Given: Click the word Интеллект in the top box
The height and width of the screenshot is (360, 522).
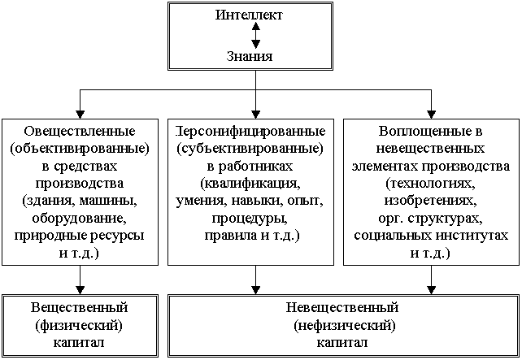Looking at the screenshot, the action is [249, 15].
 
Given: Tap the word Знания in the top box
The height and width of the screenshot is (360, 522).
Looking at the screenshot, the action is [250, 56].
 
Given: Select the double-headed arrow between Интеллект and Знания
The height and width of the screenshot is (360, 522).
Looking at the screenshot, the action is [255, 35].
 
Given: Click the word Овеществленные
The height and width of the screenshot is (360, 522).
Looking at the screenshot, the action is [80, 131].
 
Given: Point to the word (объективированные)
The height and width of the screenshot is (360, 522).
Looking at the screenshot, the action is [80, 149].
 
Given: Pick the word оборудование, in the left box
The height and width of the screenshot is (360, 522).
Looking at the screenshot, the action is [80, 219].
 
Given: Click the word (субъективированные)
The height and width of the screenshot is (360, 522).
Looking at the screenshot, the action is [250, 149].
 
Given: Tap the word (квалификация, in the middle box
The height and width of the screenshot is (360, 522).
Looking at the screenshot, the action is [250, 184].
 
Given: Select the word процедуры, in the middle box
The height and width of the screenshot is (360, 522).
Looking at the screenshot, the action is [250, 219].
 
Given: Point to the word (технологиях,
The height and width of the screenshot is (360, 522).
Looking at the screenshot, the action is [430, 184].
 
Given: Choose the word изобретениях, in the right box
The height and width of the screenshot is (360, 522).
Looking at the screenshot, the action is [430, 201].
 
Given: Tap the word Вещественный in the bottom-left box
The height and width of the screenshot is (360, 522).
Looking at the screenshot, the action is [79, 307].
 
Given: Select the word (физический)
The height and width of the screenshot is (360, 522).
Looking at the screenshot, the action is [79, 325].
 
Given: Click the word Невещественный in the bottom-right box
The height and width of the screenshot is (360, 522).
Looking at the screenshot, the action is [342, 307].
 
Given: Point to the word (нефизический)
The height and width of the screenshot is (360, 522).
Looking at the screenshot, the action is [345, 325].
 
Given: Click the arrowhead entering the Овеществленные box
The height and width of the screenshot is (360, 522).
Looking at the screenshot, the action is [80, 115].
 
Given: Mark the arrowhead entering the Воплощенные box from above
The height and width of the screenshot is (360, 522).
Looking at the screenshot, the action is [432, 115].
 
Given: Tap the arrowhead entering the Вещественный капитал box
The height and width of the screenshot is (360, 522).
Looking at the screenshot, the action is [80, 290].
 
